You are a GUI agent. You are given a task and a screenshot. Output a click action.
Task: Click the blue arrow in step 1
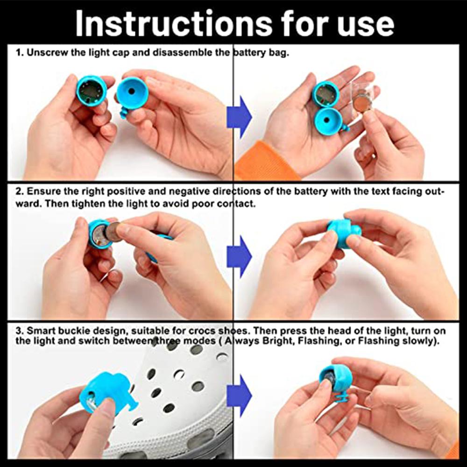[239, 117]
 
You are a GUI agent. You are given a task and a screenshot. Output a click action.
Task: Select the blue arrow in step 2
[239, 256]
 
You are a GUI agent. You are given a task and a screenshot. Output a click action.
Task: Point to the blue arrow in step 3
[239, 396]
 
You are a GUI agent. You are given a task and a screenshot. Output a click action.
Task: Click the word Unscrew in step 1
[47, 53]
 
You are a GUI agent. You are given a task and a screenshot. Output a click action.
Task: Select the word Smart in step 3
[41, 331]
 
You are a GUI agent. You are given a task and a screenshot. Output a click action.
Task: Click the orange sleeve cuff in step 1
[266, 163]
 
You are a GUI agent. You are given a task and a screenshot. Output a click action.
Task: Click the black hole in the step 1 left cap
[131, 92]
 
